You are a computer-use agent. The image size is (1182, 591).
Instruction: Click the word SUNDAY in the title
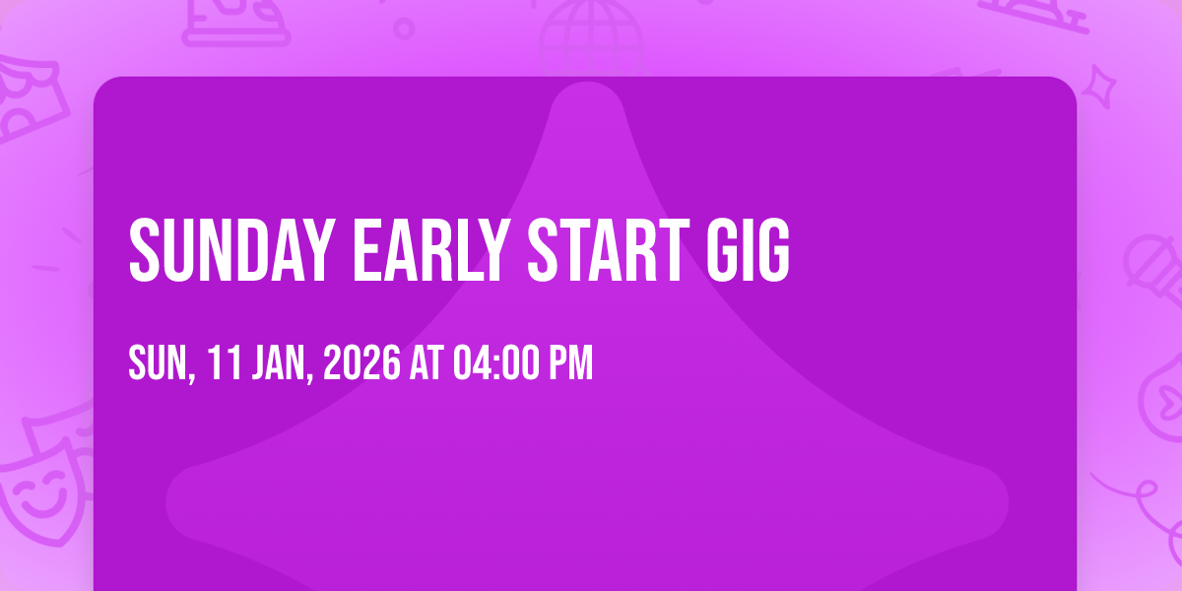click(232, 250)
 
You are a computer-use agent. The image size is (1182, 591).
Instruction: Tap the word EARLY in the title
click(431, 250)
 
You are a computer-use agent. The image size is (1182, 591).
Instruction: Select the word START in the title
click(609, 250)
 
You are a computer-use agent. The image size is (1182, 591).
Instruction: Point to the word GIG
click(749, 250)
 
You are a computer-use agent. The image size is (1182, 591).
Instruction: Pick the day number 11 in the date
click(224, 362)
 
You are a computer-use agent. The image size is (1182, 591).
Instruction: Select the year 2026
click(361, 362)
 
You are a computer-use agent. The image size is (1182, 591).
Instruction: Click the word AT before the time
click(427, 362)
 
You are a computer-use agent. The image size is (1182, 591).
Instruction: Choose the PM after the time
click(571, 362)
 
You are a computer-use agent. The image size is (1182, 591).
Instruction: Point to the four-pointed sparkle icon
click(1099, 86)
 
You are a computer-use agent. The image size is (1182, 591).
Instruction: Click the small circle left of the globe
click(404, 29)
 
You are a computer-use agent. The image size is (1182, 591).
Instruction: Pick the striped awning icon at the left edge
click(29, 98)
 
